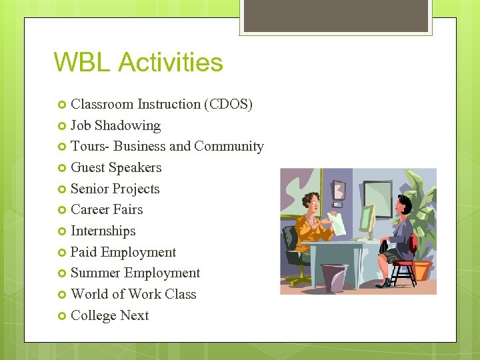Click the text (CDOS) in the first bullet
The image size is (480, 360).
coord(229,104)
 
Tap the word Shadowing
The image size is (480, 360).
coord(127,125)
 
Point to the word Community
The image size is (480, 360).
coord(229,146)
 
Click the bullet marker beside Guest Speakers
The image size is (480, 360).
coord(62,168)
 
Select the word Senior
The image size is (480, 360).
coord(91,189)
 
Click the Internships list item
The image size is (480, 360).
coord(103,231)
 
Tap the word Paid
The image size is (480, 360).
coord(83,252)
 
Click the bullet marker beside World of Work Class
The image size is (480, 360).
coord(62,295)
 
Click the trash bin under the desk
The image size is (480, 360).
coord(334,277)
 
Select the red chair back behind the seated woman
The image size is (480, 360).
coord(413,243)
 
